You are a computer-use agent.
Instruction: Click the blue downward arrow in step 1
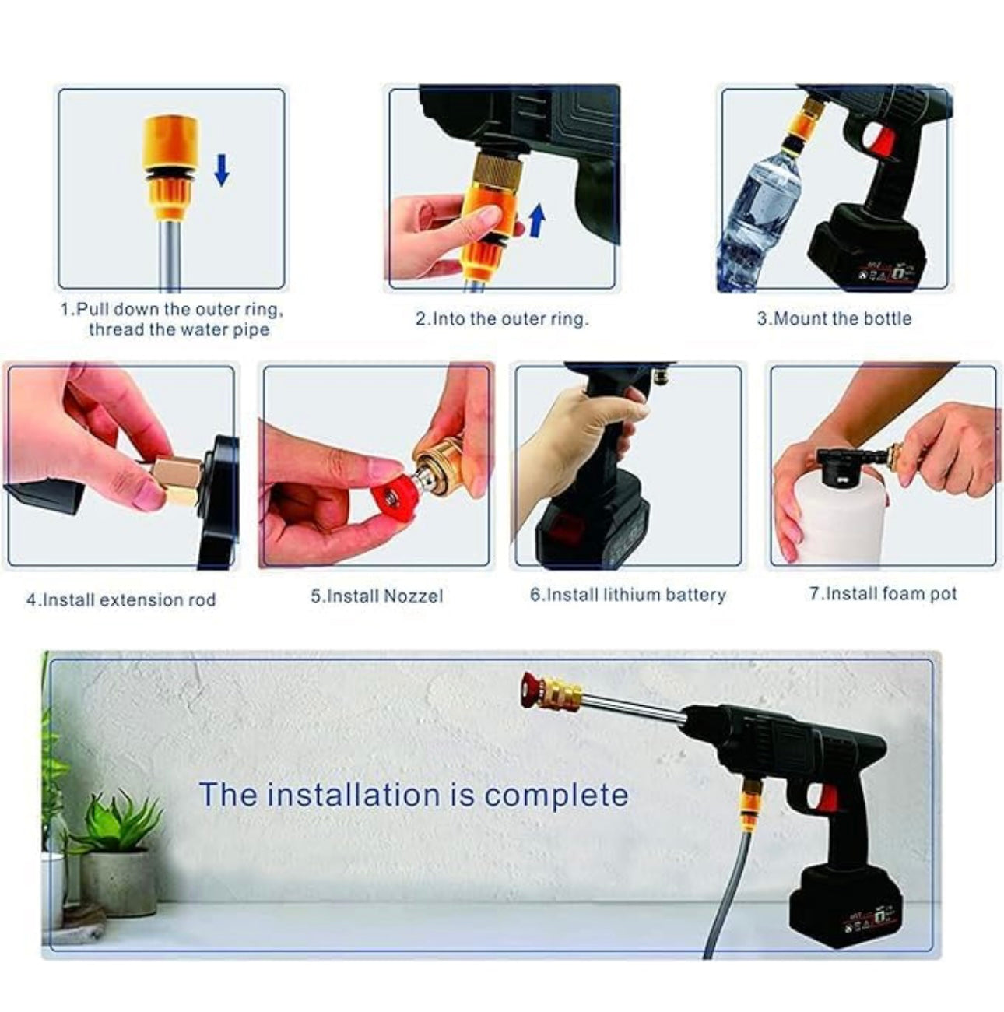(222, 170)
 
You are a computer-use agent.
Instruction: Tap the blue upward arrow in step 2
(536, 220)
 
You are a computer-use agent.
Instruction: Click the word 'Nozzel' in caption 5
(412, 596)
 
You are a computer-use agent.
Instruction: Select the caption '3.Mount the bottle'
(834, 318)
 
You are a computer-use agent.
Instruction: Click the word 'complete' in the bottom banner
(556, 796)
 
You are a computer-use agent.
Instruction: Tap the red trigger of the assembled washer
(828, 798)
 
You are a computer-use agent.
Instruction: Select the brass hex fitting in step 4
(177, 480)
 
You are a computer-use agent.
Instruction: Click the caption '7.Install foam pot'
(883, 594)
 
